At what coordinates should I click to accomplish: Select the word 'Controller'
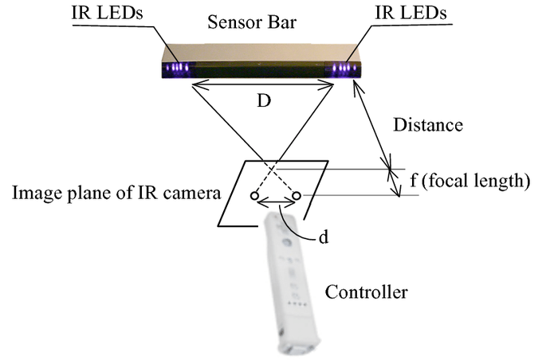(x=367, y=292)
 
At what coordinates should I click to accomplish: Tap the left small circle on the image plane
(x=253, y=196)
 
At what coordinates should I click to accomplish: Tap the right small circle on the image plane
(x=297, y=195)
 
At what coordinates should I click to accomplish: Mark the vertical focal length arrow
(x=394, y=181)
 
